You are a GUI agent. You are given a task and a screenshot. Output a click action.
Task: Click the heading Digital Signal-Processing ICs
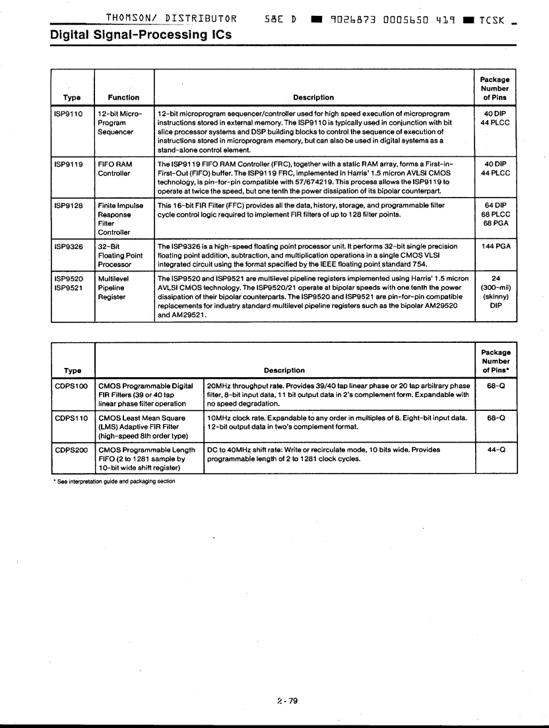click(141, 34)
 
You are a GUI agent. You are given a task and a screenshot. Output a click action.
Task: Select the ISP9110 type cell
click(69, 114)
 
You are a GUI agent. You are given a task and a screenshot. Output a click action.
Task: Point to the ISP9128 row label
click(69, 205)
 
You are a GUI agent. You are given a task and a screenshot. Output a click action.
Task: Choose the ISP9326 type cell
click(69, 246)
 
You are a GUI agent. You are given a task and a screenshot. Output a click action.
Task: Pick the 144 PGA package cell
click(495, 246)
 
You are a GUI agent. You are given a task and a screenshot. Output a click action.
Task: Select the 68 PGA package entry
click(495, 223)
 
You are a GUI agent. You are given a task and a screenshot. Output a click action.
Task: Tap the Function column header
click(123, 98)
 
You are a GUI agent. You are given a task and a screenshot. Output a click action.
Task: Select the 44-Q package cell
click(496, 450)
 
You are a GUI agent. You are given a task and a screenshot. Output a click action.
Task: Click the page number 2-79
click(288, 701)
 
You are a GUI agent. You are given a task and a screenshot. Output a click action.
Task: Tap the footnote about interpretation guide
click(113, 482)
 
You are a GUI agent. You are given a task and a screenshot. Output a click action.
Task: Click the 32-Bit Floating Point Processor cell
click(119, 255)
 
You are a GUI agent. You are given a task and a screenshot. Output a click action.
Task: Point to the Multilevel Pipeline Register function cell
click(115, 288)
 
